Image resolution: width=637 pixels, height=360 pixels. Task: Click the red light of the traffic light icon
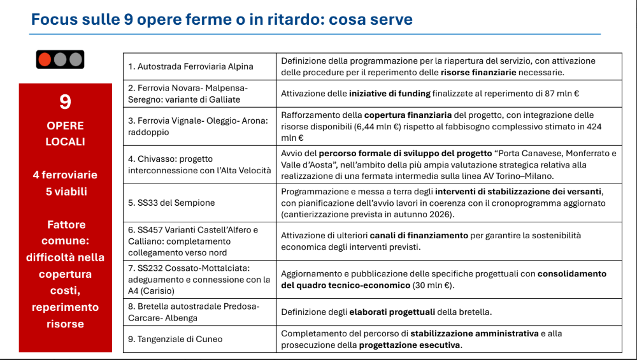[45, 60]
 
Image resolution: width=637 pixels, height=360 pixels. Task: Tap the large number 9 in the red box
[65, 102]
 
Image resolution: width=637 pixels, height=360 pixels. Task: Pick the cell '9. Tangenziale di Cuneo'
[170, 340]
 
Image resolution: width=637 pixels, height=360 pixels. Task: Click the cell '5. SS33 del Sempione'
[171, 203]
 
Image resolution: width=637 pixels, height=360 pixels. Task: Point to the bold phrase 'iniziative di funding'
[389, 94]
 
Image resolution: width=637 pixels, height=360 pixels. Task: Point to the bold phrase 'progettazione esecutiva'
[410, 345]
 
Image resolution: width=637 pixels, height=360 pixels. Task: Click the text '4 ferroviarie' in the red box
[65, 175]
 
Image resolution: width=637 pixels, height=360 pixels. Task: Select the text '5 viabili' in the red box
[65, 191]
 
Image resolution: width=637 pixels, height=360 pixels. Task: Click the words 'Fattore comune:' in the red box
[65, 233]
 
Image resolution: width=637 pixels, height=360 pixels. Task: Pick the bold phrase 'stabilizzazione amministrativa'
[474, 333]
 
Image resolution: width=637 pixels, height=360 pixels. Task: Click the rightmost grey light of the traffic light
[76, 60]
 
